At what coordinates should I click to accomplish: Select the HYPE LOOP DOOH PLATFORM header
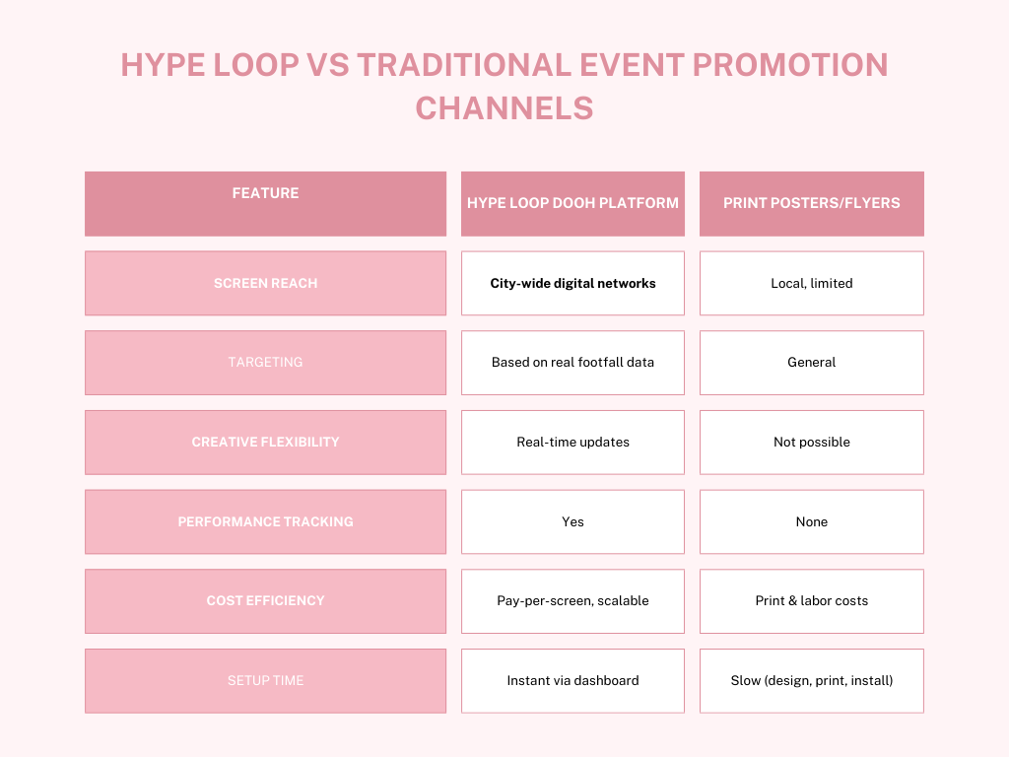point(572,203)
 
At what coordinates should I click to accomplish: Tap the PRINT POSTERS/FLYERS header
point(812,203)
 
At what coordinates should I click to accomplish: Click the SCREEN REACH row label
point(265,283)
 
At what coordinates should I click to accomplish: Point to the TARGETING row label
point(265,363)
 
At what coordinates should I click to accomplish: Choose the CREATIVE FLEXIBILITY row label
point(265,443)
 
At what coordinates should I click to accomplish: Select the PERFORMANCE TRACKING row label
point(265,521)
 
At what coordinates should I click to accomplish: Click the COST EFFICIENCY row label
point(265,600)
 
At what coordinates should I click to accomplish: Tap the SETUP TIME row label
point(265,680)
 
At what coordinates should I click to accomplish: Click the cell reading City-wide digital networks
point(572,283)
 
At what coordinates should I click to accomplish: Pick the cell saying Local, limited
point(812,283)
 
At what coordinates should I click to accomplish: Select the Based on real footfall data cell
point(572,363)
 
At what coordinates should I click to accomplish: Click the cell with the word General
point(812,363)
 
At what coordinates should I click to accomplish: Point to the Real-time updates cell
point(572,443)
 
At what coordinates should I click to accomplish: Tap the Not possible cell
point(812,443)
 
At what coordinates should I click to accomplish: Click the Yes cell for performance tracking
point(572,521)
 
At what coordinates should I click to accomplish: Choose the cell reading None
point(812,521)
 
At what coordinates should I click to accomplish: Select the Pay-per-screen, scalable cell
point(572,600)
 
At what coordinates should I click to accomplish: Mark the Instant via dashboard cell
point(572,680)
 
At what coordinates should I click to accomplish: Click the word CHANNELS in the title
point(504,108)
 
